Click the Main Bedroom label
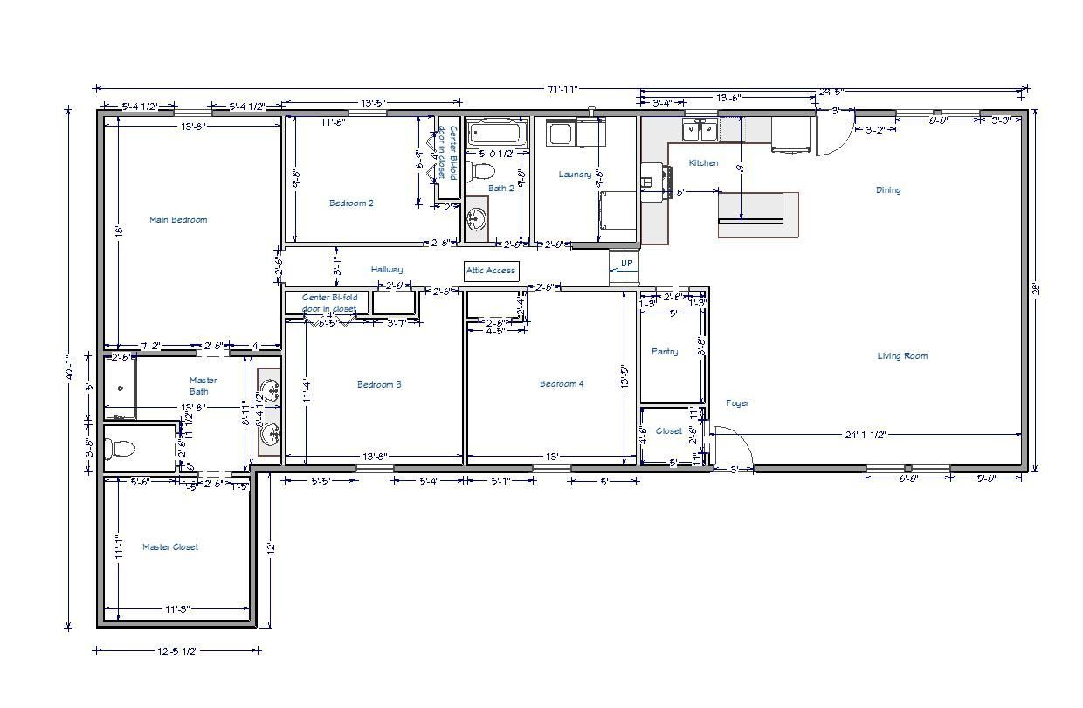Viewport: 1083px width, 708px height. (178, 220)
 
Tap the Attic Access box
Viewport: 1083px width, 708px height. (491, 271)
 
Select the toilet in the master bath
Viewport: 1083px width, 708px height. (120, 450)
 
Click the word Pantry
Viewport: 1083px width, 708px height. (665, 352)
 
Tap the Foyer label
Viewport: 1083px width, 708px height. (737, 403)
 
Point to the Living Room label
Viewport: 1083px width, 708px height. (902, 356)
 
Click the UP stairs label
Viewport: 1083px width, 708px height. (626, 264)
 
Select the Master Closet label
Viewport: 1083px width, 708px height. (170, 547)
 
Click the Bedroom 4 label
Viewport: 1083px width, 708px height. (562, 384)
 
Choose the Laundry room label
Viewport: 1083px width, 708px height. (575, 175)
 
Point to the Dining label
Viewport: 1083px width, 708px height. (888, 190)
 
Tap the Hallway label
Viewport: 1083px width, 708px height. (386, 270)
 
